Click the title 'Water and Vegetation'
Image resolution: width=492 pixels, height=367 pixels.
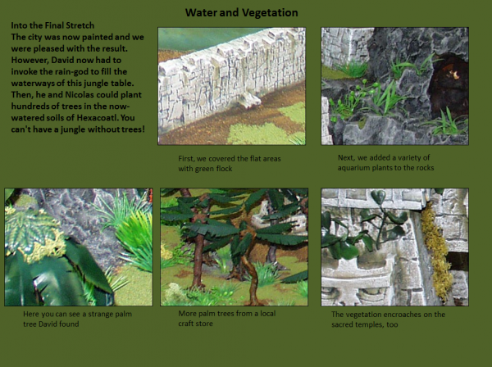click(x=240, y=12)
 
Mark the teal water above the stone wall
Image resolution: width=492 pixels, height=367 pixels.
click(x=197, y=37)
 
